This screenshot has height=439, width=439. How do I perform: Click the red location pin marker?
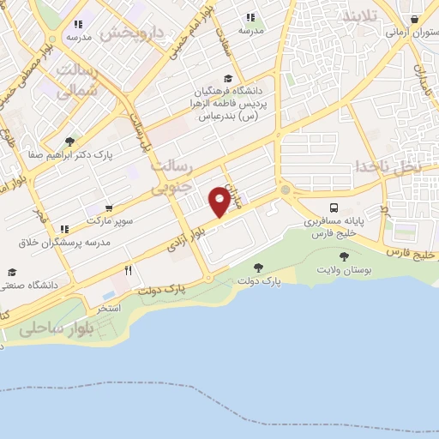point(220,202)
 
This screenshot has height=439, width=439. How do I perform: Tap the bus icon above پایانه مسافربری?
point(334,207)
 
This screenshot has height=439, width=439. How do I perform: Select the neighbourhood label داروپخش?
point(129,33)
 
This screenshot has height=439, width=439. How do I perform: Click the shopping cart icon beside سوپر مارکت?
point(109,208)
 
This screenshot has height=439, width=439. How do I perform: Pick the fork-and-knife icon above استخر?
point(128,270)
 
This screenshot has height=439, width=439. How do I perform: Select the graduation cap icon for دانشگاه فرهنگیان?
point(227,79)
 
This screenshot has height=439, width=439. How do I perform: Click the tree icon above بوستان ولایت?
point(344,256)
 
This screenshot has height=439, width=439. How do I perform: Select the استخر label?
point(108,307)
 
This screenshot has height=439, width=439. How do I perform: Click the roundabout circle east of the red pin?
point(285,189)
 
